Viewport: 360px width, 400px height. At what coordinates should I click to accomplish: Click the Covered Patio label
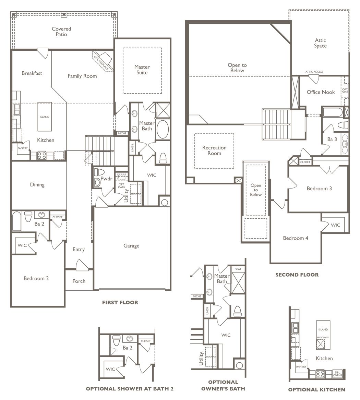pyautogui.click(x=61, y=32)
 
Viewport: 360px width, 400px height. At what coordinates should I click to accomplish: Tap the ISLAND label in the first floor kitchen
pyautogui.click(x=44, y=117)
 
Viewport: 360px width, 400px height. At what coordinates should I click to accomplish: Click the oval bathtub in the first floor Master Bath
pyautogui.click(x=162, y=129)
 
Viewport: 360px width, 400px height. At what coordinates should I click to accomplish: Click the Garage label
pyautogui.click(x=131, y=246)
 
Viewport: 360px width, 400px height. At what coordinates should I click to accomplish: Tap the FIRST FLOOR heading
pyautogui.click(x=120, y=302)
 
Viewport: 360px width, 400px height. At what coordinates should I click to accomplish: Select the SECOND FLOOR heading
pyautogui.click(x=297, y=275)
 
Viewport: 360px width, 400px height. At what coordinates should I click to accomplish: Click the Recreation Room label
pyautogui.click(x=214, y=150)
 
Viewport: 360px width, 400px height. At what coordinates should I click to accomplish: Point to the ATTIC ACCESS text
pyautogui.click(x=314, y=72)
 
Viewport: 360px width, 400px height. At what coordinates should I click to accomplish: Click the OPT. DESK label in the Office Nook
pyautogui.click(x=345, y=91)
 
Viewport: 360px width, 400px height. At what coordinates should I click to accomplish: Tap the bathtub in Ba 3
pyautogui.click(x=333, y=112)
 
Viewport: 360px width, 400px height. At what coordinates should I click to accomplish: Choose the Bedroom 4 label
pyautogui.click(x=296, y=238)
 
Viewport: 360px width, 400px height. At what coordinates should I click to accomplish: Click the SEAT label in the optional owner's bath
pyautogui.click(x=238, y=269)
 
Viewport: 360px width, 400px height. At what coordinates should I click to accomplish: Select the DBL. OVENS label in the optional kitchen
pyautogui.click(x=338, y=374)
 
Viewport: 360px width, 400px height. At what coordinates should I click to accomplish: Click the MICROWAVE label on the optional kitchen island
pyautogui.click(x=323, y=338)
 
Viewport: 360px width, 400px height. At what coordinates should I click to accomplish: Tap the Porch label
pyautogui.click(x=79, y=281)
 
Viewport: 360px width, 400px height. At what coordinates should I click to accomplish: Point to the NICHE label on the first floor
pyautogui.click(x=122, y=133)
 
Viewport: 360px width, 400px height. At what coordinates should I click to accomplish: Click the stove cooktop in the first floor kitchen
pyautogui.click(x=42, y=155)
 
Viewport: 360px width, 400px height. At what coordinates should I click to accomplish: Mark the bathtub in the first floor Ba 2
pyautogui.click(x=17, y=221)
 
